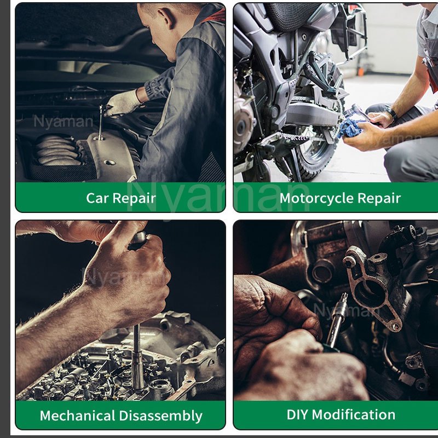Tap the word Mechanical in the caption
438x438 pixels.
(77, 416)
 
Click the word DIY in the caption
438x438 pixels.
(297, 414)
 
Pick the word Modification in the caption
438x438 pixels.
(353, 414)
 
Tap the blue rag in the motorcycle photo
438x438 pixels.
(350, 128)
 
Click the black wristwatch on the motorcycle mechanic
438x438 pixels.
(392, 113)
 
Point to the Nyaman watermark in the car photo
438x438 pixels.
(63, 122)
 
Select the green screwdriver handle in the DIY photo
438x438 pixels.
(330, 348)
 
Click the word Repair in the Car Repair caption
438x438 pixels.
(134, 199)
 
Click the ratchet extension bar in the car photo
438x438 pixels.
(101, 122)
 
